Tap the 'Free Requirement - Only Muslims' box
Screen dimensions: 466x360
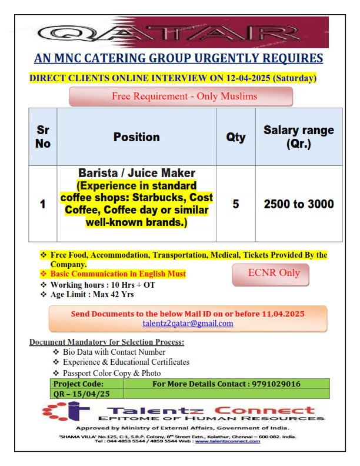[181, 96]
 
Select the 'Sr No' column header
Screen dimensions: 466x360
[43, 137]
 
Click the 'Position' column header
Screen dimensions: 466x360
[136, 137]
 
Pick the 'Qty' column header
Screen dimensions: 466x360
[236, 137]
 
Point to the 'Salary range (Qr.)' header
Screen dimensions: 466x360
[298, 137]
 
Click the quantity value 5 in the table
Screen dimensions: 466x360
[236, 204]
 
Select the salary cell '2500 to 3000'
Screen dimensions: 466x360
[298, 204]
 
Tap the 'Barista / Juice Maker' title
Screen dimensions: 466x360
[136, 173]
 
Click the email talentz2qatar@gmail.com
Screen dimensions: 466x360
[188, 323]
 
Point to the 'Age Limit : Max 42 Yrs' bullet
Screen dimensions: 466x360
[88, 294]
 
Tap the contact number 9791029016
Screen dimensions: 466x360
[276, 384]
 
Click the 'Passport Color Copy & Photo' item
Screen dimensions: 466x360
[112, 373]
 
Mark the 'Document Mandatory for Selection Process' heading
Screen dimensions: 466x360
[106, 342]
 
